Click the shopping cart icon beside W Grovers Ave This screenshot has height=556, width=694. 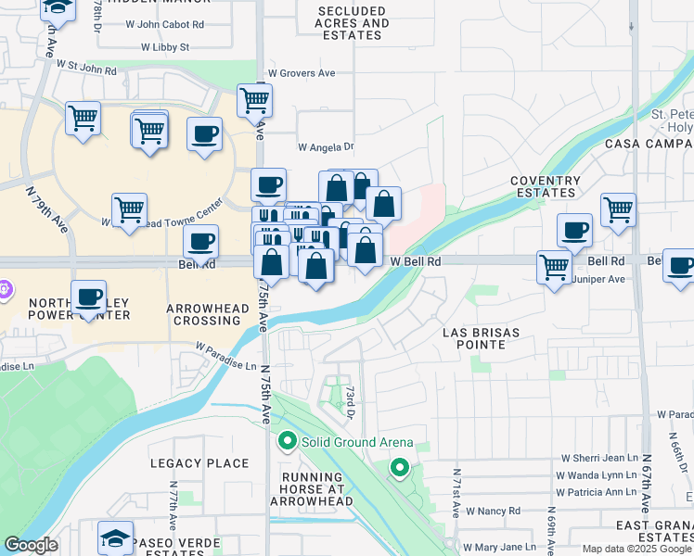254,100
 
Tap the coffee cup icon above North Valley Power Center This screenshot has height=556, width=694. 89,297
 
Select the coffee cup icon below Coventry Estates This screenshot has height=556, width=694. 574,229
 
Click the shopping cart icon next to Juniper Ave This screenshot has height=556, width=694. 554,267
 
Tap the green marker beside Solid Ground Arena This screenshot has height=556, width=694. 288,442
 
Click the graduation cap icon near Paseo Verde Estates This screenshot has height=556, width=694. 116,537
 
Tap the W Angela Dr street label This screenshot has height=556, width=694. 326,146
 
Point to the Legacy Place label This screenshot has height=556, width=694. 200,463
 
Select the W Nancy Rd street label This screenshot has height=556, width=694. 493,511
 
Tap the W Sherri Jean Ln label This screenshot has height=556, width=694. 599,459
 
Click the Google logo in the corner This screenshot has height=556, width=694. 31,545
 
